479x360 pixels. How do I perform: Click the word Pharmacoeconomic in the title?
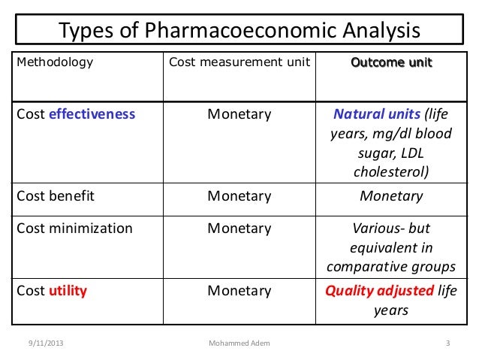point(249,31)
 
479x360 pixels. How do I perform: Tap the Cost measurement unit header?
point(239,62)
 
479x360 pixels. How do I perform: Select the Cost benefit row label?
point(53,196)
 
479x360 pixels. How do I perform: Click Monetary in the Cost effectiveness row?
point(239,114)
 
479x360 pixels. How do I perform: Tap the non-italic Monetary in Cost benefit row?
point(239,196)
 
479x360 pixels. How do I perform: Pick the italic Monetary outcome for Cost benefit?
point(391,196)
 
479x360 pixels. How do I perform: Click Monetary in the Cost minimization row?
point(239,228)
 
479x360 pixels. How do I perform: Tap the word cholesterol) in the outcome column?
point(391,172)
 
